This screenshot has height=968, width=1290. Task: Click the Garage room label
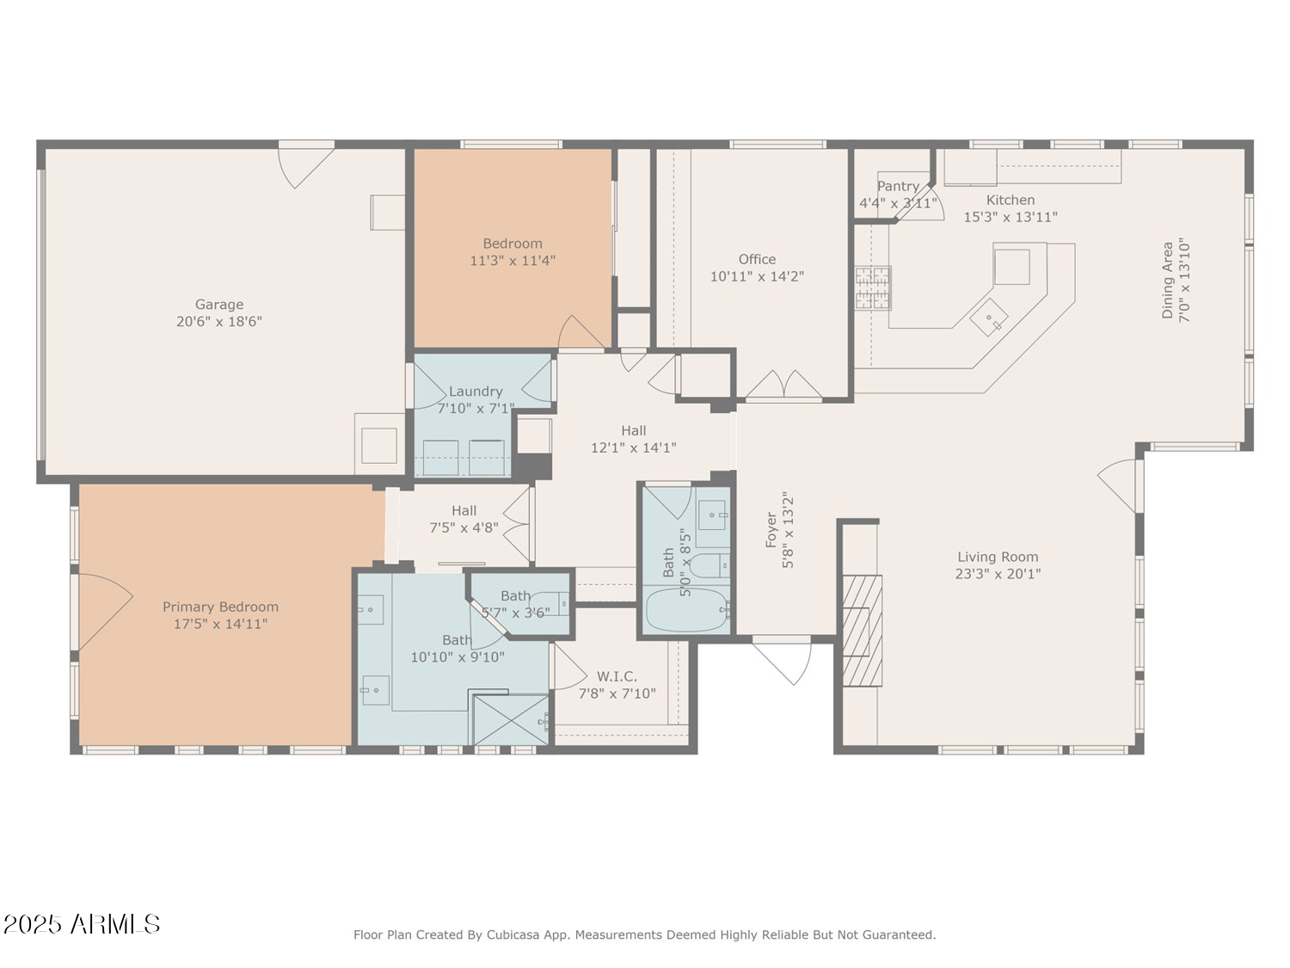point(219,305)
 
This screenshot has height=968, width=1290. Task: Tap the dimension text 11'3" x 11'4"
point(513,261)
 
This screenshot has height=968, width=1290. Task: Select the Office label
point(757,259)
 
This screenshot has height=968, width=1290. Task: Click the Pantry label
point(898,186)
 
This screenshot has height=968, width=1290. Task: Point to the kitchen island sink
point(989,318)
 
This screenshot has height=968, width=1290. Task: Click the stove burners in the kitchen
point(873,288)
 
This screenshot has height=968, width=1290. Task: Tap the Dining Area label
point(1167,281)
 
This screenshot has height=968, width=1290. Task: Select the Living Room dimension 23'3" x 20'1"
point(998,574)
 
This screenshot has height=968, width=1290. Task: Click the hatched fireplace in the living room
point(862,630)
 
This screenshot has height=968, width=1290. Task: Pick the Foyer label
point(771,530)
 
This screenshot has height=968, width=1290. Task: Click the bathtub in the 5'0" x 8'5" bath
point(686,610)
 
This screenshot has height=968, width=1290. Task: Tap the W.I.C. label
point(617,676)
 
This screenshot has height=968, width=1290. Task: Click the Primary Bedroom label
point(220,607)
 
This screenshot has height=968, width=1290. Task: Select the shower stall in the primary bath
point(511,719)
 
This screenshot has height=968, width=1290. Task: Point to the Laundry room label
point(476,392)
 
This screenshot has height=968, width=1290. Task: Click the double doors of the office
point(783,385)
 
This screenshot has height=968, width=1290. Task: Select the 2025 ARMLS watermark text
point(82,924)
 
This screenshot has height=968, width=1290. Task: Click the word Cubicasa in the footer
point(513,934)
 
